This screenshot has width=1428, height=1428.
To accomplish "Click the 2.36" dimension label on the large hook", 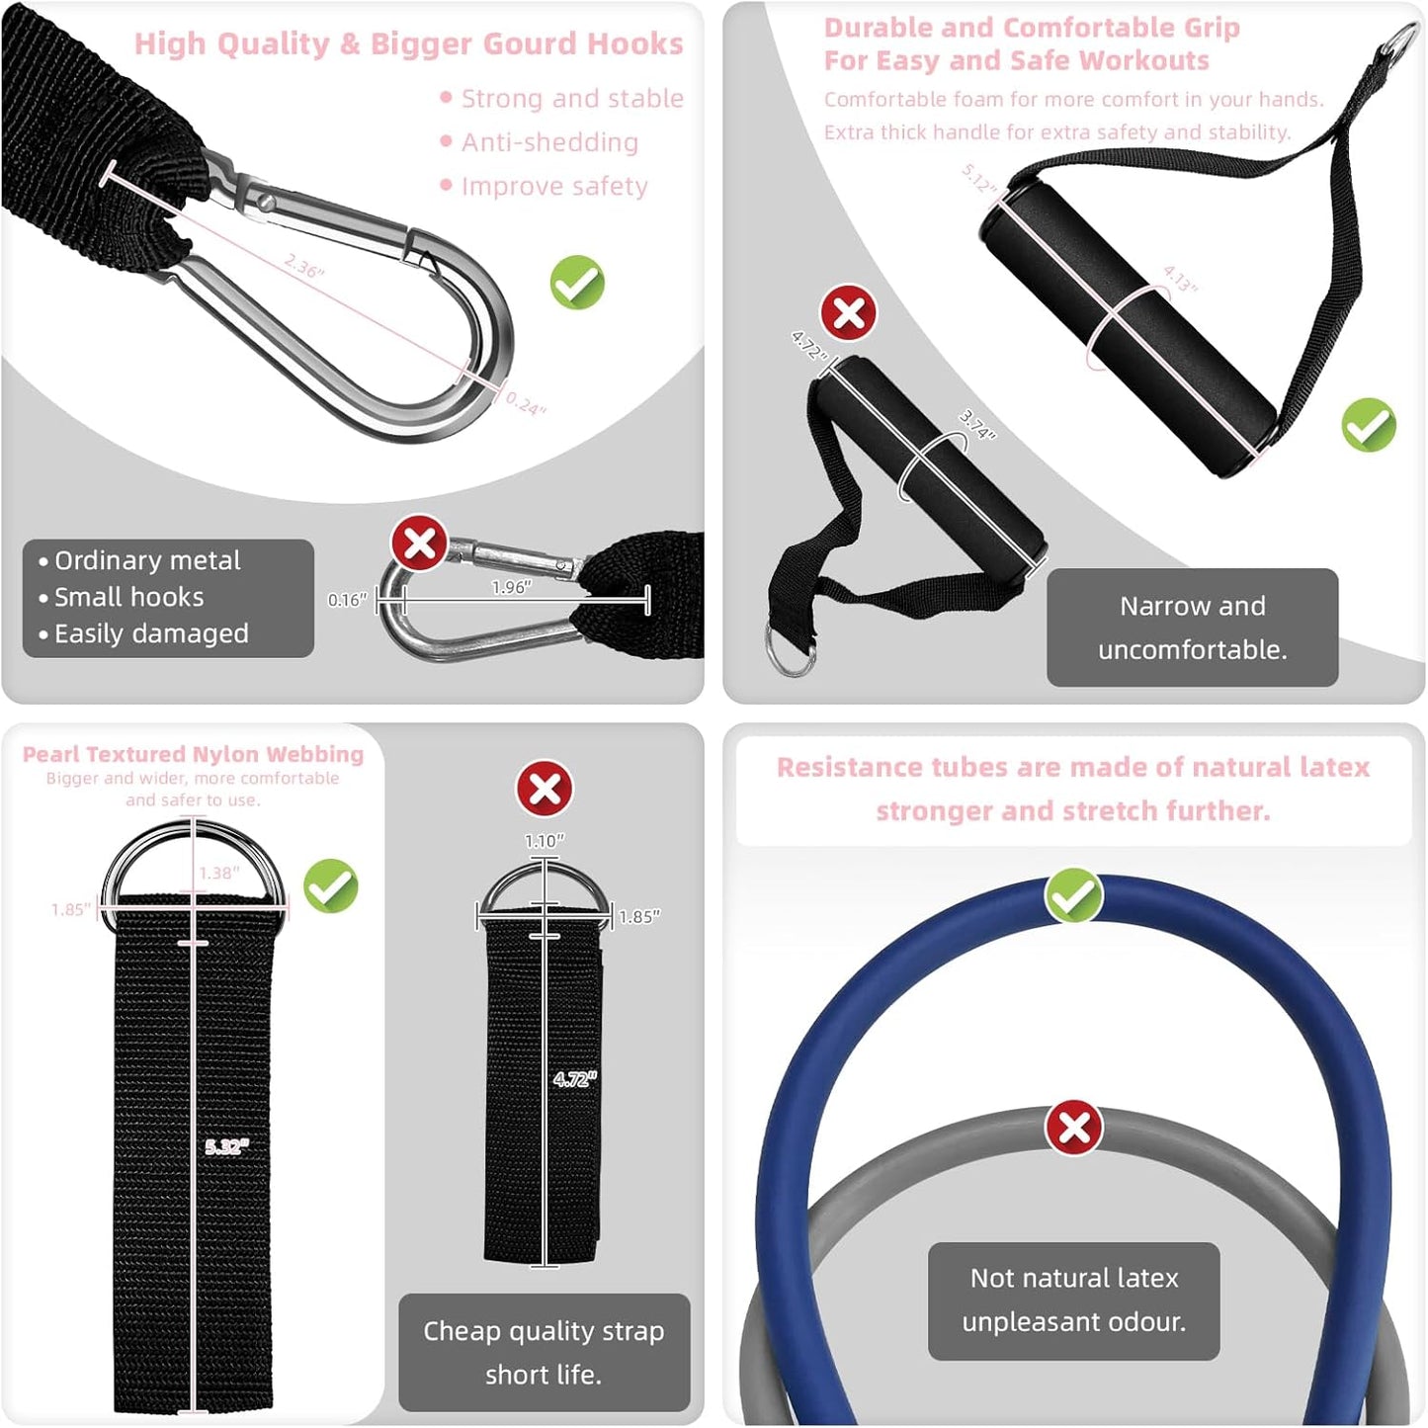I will coord(304,267).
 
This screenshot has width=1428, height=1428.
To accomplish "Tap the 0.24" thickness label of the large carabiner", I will coord(526,403).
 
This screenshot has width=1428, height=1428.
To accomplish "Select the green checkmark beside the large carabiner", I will coord(577,283).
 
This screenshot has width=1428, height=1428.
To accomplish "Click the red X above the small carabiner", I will coord(419,543).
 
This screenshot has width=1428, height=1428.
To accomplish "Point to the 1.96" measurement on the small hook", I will coord(511,587).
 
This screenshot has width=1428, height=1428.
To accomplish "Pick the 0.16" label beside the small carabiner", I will coord(347,600).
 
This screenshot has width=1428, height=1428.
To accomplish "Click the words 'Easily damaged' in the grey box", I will coord(151,633).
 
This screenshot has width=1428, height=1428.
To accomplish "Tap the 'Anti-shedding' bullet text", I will coord(549,142).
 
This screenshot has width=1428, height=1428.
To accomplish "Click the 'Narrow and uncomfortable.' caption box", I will coord(1192,628).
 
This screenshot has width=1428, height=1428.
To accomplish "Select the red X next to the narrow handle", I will coord(849,313).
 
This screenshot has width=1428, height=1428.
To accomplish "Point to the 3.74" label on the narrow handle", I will coord(977,424).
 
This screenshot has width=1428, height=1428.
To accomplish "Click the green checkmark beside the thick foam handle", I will coord(1369,425).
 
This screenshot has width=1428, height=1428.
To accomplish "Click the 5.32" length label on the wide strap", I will coord(227,1146).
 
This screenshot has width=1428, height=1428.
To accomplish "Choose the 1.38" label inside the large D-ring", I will coord(218,873).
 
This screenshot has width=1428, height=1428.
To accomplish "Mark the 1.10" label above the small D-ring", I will coord(545,841).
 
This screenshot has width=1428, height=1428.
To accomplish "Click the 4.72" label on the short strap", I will coord(574,1079).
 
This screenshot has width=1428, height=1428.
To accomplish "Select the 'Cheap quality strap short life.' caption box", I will coord(544,1352).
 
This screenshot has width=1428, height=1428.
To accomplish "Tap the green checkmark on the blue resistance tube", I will coord(1074,895).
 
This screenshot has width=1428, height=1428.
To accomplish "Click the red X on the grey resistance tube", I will coord(1074,1128).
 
